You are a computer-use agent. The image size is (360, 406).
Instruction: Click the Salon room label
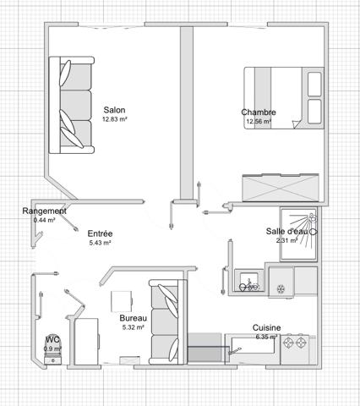pos(115,110)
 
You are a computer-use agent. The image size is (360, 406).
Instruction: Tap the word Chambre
pos(258,112)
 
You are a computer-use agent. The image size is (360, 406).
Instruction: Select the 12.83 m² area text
pos(115,120)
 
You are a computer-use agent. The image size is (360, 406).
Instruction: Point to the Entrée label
pos(100,233)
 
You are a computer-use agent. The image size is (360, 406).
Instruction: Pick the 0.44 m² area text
pos(44,220)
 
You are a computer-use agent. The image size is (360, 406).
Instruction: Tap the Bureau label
pos(133,318)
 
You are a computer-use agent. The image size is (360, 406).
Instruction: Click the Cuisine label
pos(266,327)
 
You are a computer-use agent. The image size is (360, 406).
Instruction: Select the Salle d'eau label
pos(286,231)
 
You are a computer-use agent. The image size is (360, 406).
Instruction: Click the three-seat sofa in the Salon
pos(70,105)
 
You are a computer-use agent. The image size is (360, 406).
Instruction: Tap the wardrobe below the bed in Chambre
pos(279,186)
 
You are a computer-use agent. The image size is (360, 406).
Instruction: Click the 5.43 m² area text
pos(101,243)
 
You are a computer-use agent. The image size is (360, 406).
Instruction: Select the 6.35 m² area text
pos(266,336)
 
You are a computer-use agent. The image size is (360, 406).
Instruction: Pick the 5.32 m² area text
pos(133,327)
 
